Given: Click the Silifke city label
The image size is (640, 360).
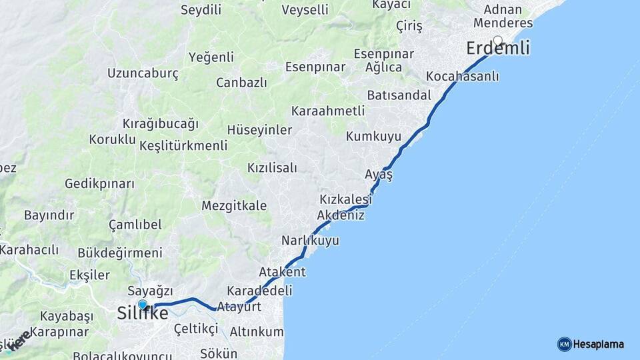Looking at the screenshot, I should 143,314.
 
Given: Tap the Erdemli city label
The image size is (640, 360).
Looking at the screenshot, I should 498,49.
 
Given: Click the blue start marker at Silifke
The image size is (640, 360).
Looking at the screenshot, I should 142,305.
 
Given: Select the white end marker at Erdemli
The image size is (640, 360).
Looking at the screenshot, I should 497,39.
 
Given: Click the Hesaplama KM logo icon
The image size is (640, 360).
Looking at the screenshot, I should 564,344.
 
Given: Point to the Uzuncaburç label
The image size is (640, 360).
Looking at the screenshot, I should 143,73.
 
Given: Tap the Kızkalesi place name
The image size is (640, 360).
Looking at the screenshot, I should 345,199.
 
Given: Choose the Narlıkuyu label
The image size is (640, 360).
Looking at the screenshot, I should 310,240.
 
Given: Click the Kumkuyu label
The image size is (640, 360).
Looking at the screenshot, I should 373,137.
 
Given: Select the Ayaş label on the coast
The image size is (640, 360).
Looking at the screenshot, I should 379,174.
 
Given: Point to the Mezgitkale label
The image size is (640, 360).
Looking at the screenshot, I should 234,205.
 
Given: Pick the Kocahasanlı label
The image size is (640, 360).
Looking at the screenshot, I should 462,76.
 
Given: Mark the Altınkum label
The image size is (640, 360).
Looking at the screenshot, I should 256,331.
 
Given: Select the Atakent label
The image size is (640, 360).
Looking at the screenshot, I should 282,272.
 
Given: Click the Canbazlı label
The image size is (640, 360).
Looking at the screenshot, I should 241,83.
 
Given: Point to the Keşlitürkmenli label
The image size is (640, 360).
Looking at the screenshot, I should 183,146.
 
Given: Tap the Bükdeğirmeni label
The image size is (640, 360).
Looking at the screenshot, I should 120,253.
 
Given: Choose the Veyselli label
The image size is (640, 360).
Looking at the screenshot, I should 305,10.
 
